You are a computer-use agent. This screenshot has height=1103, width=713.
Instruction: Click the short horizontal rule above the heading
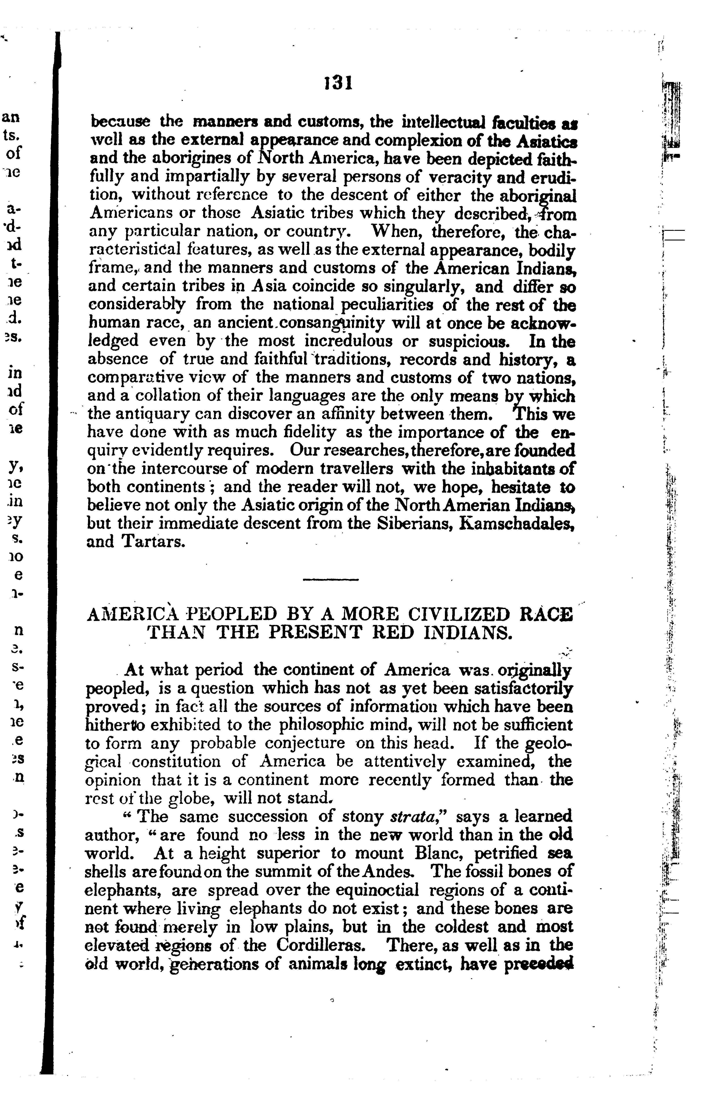[x=331, y=579]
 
